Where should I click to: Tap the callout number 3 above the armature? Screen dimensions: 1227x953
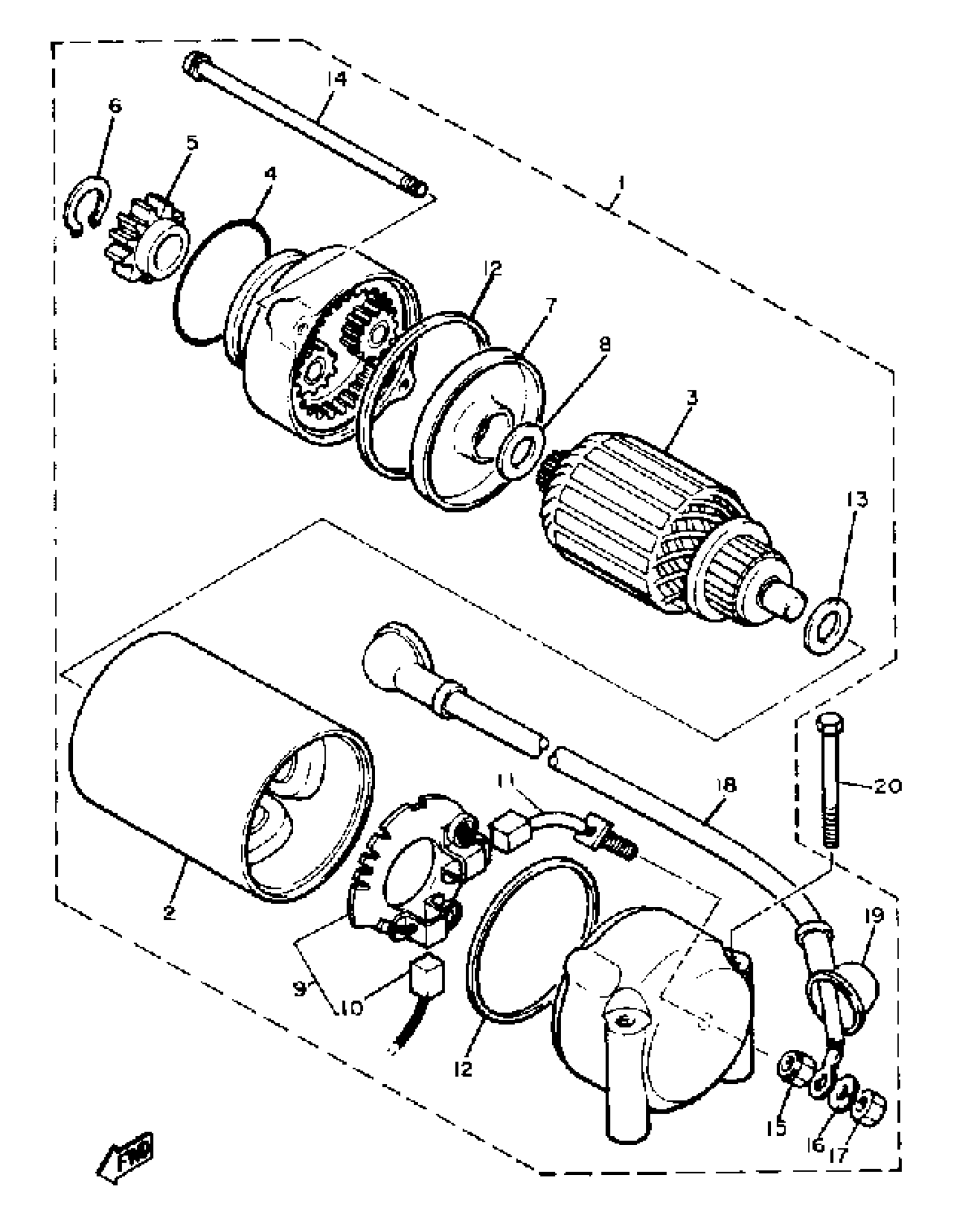click(x=692, y=399)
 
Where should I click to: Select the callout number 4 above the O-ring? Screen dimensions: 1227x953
click(x=270, y=174)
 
